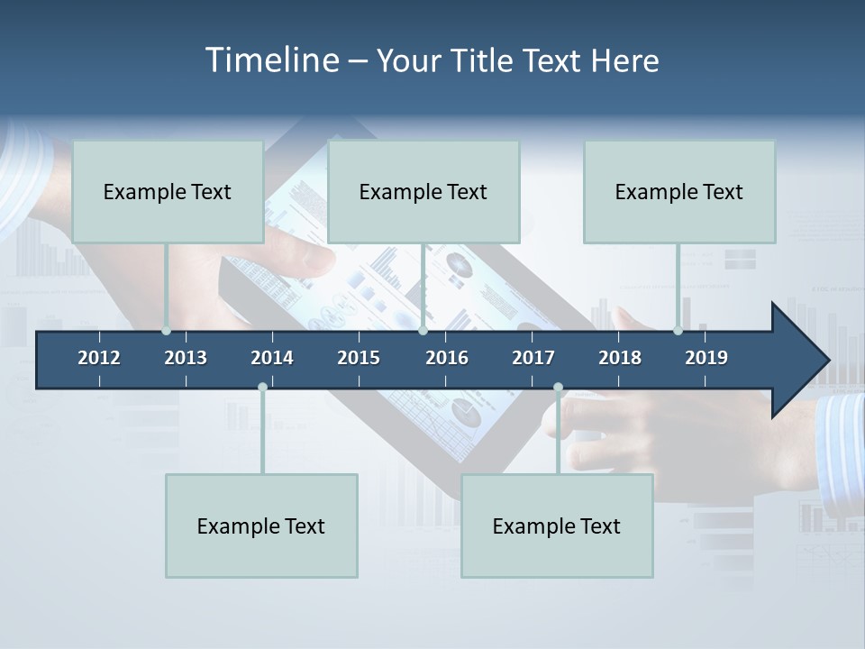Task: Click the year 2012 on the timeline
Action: pyautogui.click(x=99, y=358)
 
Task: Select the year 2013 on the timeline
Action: pyautogui.click(x=186, y=358)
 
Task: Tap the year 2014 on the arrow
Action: pyautogui.click(x=272, y=358)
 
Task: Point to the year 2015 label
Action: pyautogui.click(x=359, y=358)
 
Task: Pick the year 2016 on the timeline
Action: pyautogui.click(x=447, y=358)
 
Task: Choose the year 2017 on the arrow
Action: pyautogui.click(x=533, y=358)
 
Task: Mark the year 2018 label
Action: pyautogui.click(x=620, y=358)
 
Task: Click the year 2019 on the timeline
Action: pyautogui.click(x=706, y=358)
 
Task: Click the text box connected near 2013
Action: pyautogui.click(x=168, y=191)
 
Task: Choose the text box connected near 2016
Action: pyautogui.click(x=423, y=191)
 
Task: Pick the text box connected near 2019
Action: pyautogui.click(x=679, y=191)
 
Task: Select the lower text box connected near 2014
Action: pyautogui.click(x=261, y=526)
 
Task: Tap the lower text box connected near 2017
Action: pyautogui.click(x=557, y=526)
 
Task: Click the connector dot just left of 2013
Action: pyautogui.click(x=166, y=331)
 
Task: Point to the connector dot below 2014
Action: pyautogui.click(x=262, y=388)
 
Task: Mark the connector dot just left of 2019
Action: pyautogui.click(x=678, y=331)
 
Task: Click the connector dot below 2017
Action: pyautogui.click(x=558, y=388)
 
